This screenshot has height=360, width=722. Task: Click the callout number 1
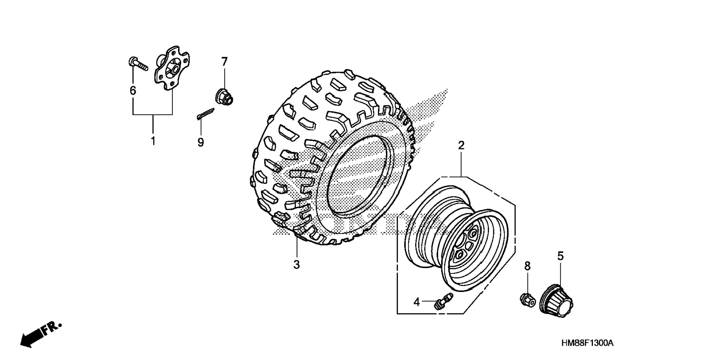coord(153,142)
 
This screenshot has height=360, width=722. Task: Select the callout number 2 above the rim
coord(461,146)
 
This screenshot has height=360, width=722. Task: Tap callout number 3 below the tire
coord(296,265)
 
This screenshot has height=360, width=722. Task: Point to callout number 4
coord(417,302)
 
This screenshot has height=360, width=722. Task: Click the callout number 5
coord(560,256)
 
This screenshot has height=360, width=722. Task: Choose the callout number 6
coord(133,91)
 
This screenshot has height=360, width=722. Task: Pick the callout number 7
coord(224,62)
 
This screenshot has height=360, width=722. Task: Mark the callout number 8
coord(527,266)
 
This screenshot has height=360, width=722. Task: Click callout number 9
coord(201,142)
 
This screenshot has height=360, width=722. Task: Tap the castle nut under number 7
coord(224,97)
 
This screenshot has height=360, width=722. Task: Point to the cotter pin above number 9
coord(205,114)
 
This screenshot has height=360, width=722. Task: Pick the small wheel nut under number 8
coord(527,299)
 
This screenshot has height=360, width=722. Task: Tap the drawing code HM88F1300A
coord(587,343)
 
